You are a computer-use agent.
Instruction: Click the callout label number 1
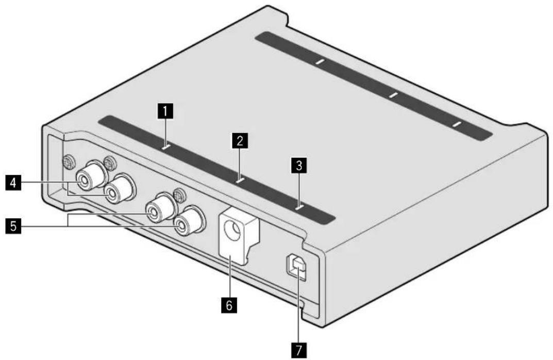point(165,111)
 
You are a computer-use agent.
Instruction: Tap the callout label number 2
point(239,139)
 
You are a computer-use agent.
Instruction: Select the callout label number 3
point(297,165)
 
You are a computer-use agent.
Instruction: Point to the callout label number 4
point(13,184)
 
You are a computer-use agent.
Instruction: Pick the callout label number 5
point(13,225)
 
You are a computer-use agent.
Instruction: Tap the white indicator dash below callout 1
point(165,147)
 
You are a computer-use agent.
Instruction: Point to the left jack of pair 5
point(154,210)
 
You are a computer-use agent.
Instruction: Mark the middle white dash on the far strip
point(393,95)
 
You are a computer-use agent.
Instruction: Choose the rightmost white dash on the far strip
point(455,124)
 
